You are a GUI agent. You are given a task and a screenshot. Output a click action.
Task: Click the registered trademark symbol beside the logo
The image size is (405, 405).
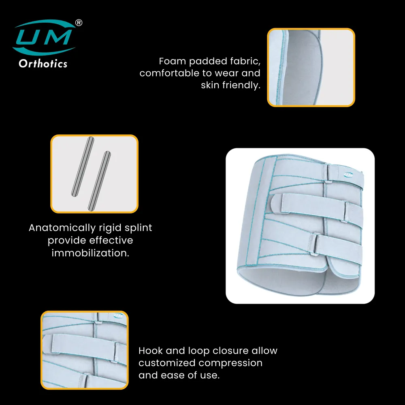(x=79, y=23)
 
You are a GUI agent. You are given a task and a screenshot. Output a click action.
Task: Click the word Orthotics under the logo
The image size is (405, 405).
(x=43, y=64)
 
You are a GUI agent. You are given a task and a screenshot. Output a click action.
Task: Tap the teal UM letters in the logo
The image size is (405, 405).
(x=44, y=37)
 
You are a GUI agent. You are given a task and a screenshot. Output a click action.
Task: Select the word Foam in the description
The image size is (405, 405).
(x=172, y=61)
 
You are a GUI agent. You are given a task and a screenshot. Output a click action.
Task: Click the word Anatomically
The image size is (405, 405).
(x=62, y=228)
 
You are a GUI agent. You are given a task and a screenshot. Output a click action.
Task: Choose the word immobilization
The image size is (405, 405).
(x=90, y=253)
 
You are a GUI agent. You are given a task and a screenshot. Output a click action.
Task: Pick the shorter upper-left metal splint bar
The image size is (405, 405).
(x=83, y=166)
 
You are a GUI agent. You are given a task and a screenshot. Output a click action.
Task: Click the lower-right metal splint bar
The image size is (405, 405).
(x=99, y=181)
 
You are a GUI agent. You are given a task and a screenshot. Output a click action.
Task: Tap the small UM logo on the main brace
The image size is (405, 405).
(x=348, y=175)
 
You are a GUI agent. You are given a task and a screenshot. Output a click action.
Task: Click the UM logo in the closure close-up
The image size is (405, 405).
(x=118, y=315)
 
